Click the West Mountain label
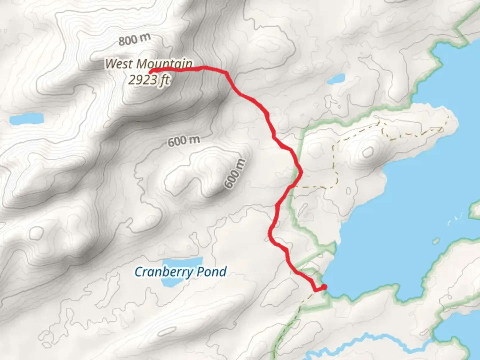[149, 64]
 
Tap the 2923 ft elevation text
[149, 80]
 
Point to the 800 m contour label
[134, 40]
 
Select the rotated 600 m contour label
[235, 174]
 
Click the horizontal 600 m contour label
[184, 141]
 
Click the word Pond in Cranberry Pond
[211, 272]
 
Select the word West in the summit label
[119, 64]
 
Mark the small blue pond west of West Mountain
[27, 119]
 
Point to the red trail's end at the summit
[151, 71]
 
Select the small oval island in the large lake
[436, 240]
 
